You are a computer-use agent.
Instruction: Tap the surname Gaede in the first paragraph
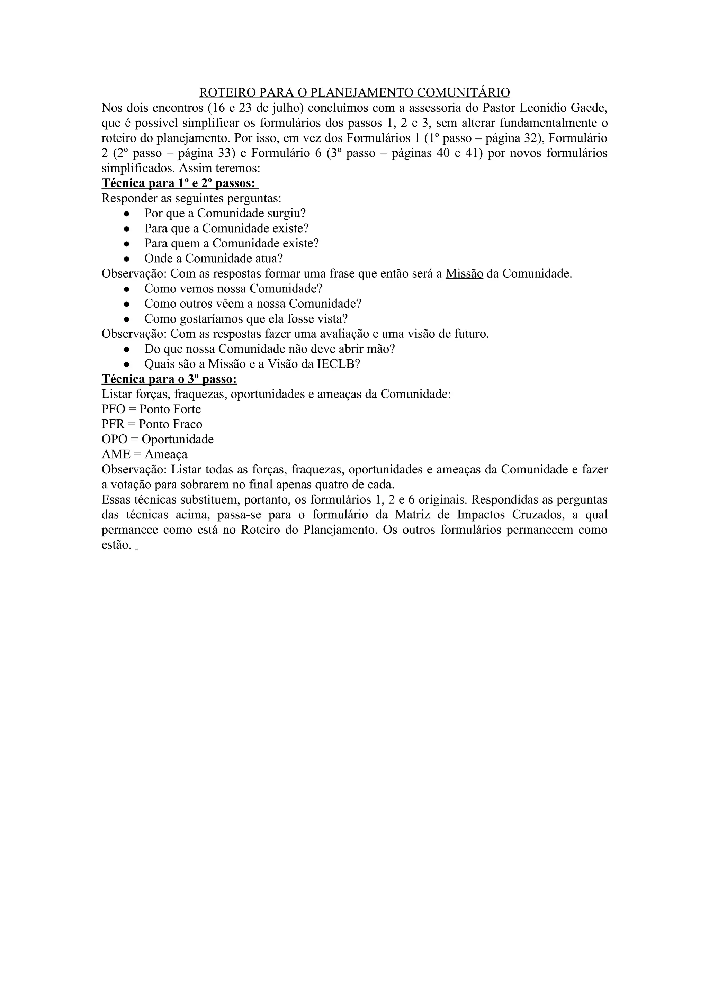point(589,107)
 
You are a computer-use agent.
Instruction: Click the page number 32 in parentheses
point(531,138)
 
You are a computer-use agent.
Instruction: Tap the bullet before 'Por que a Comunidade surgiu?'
point(127,214)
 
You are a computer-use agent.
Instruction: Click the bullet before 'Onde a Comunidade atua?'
point(127,259)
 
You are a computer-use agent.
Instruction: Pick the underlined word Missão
point(464,273)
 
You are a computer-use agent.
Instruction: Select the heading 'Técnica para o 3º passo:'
point(169,379)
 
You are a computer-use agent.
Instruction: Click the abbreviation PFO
point(113,409)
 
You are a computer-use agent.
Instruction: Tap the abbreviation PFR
point(113,424)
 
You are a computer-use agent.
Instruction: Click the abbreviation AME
point(115,454)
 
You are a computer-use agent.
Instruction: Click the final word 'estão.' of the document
point(116,545)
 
